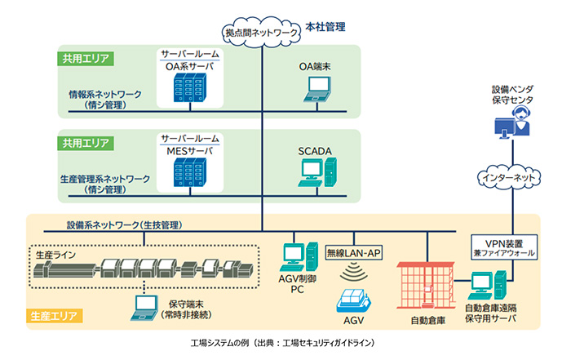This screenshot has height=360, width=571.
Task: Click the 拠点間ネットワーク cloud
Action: click(x=261, y=32)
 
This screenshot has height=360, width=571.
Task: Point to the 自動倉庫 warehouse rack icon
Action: click(x=427, y=285)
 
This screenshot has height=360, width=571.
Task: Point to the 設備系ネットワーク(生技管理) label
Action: click(x=123, y=224)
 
